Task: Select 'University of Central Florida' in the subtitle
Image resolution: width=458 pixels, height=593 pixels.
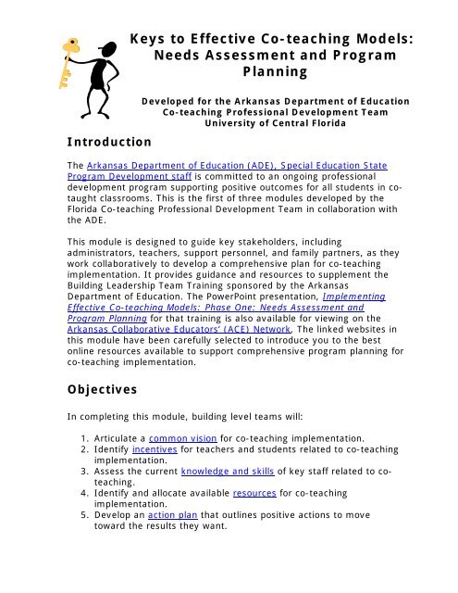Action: pos(277,120)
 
